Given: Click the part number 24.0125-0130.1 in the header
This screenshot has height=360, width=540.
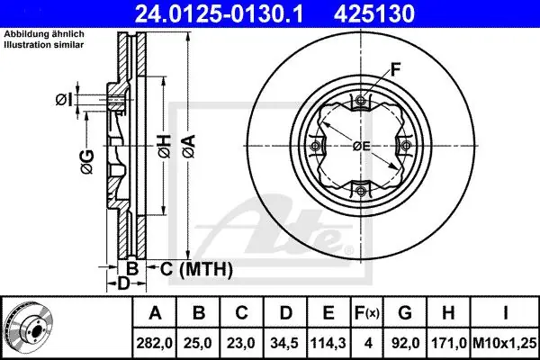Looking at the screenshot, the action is pyautogui.click(x=219, y=13).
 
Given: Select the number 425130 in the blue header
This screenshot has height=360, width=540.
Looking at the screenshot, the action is pyautogui.click(x=374, y=13).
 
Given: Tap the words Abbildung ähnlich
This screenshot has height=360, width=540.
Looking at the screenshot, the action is pyautogui.click(x=44, y=34).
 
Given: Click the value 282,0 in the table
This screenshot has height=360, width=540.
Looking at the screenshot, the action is pyautogui.click(x=154, y=343).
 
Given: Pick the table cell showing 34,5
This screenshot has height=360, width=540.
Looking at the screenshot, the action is pyautogui.click(x=284, y=343).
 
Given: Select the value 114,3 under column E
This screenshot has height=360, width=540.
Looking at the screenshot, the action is pyautogui.click(x=328, y=343).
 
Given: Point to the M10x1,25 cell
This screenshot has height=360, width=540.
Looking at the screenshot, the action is pyautogui.click(x=505, y=343).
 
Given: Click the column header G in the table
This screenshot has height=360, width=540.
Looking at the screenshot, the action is pyautogui.click(x=405, y=313).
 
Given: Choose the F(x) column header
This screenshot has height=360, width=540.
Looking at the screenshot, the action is pyautogui.click(x=367, y=313).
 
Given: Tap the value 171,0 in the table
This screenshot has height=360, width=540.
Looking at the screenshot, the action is pyautogui.click(x=449, y=343).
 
